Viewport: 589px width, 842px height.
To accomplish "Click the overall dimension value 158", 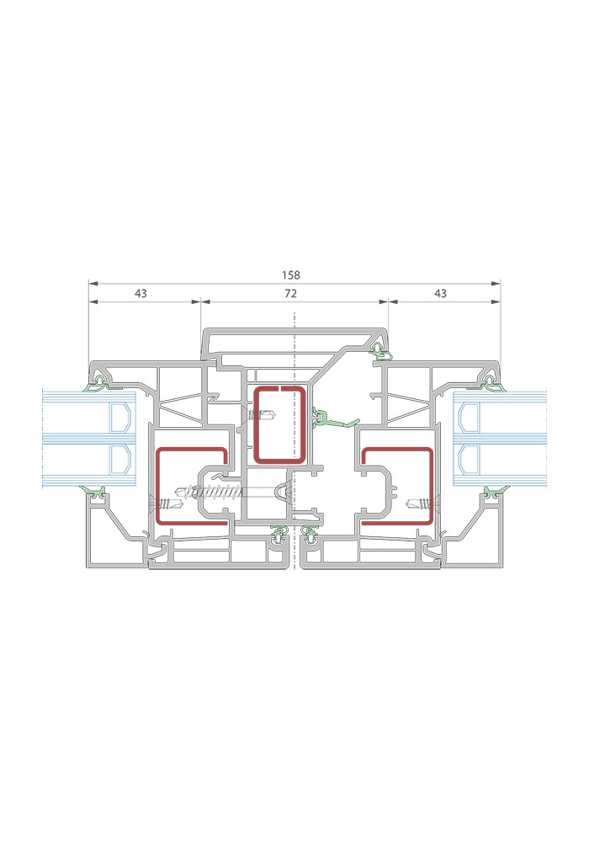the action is [291, 275].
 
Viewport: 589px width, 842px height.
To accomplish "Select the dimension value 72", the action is [291, 293].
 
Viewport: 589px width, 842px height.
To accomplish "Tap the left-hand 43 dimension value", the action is [141, 293].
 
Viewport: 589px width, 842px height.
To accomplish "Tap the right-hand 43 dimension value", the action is [440, 293].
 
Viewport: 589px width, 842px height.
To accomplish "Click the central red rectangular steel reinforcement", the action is [254, 424].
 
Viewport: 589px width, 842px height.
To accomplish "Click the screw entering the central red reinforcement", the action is [262, 415].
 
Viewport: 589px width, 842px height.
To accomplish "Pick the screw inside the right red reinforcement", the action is [420, 504].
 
